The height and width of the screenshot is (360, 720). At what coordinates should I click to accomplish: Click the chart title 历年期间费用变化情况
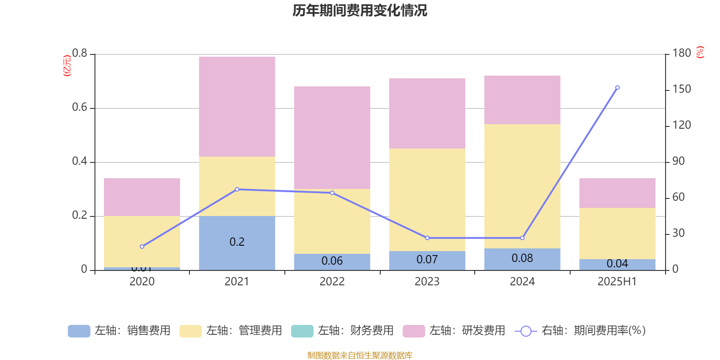tap(360, 10)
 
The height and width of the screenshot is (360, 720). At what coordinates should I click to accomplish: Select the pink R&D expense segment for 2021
tap(237, 107)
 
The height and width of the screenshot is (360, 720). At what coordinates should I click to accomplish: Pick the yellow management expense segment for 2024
tap(522, 186)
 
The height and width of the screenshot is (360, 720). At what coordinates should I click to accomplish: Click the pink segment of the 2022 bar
tap(332, 137)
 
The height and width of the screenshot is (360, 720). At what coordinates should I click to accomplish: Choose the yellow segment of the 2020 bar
tap(142, 242)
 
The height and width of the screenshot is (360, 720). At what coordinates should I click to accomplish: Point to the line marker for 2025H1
tap(617, 87)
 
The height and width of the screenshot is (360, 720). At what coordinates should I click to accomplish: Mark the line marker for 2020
tap(142, 247)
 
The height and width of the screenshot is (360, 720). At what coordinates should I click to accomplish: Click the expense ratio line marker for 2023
tap(427, 238)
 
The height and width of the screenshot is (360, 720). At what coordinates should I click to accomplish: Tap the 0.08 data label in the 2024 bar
tap(522, 258)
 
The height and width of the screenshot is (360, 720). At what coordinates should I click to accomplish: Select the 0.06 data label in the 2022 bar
tap(332, 261)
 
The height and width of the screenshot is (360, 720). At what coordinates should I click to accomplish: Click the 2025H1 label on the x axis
tap(617, 282)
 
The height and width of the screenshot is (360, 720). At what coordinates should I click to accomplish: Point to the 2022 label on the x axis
tap(332, 282)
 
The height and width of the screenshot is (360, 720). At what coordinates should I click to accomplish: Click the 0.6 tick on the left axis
tap(80, 108)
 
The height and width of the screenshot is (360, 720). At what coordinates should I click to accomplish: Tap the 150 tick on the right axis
tap(682, 89)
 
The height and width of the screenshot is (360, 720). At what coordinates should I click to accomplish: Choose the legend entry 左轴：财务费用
tap(342, 331)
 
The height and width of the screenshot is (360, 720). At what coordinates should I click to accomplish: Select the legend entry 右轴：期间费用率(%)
tap(580, 331)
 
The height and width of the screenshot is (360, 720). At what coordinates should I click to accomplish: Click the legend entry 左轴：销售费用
tap(119, 331)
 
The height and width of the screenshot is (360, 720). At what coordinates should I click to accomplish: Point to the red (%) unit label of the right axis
tap(700, 52)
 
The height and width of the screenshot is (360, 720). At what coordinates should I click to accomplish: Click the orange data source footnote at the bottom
tap(360, 355)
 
